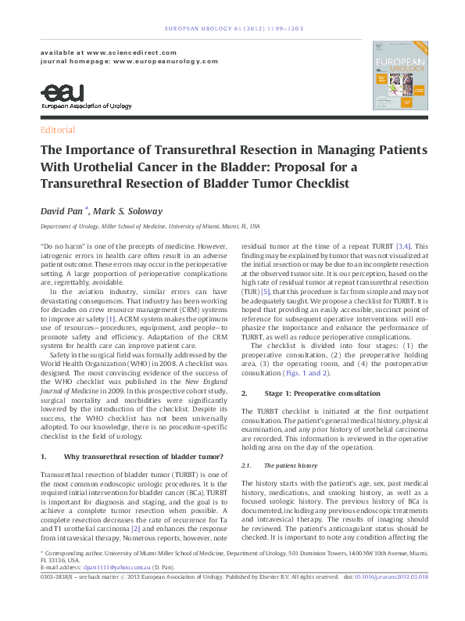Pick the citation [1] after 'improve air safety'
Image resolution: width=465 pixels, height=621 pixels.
(x=111, y=296)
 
